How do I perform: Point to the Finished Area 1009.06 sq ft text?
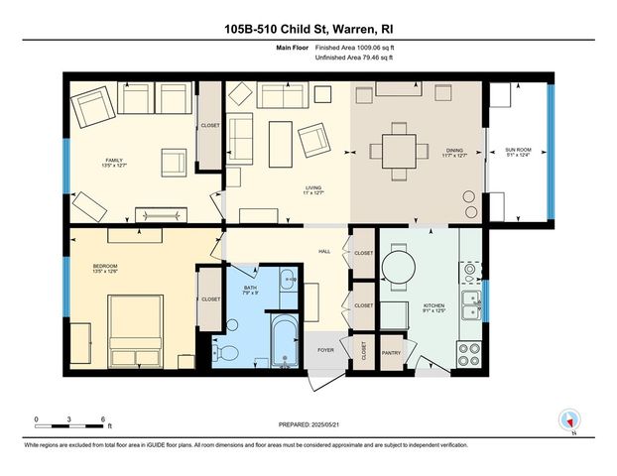point(356,48)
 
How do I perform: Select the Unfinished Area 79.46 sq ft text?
point(354,59)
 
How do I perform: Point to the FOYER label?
point(325,350)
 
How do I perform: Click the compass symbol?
point(569,420)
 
